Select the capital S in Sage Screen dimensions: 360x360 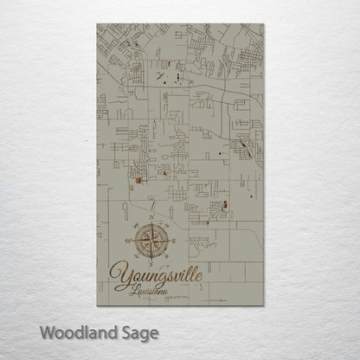pyautogui.click(x=123, y=332)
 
